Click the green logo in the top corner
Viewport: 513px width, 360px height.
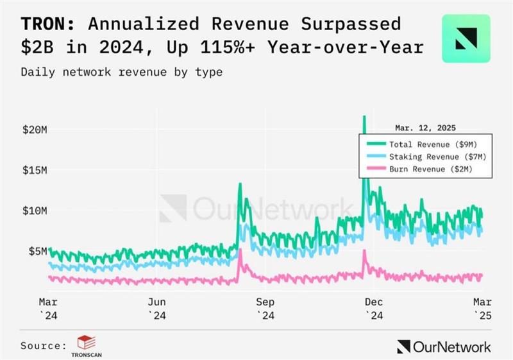click(x=466, y=38)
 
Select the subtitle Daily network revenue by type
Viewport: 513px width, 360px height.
click(x=122, y=72)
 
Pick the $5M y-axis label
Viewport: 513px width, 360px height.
click(x=36, y=251)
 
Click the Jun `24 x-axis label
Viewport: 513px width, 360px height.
click(x=158, y=307)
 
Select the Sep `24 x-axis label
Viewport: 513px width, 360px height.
click(x=265, y=307)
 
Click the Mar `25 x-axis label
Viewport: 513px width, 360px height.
click(x=482, y=307)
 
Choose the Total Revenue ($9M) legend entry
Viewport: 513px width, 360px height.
click(x=429, y=144)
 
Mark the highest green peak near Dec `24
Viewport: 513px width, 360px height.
click(x=364, y=117)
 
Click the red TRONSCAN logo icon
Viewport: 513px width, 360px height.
click(x=83, y=342)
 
